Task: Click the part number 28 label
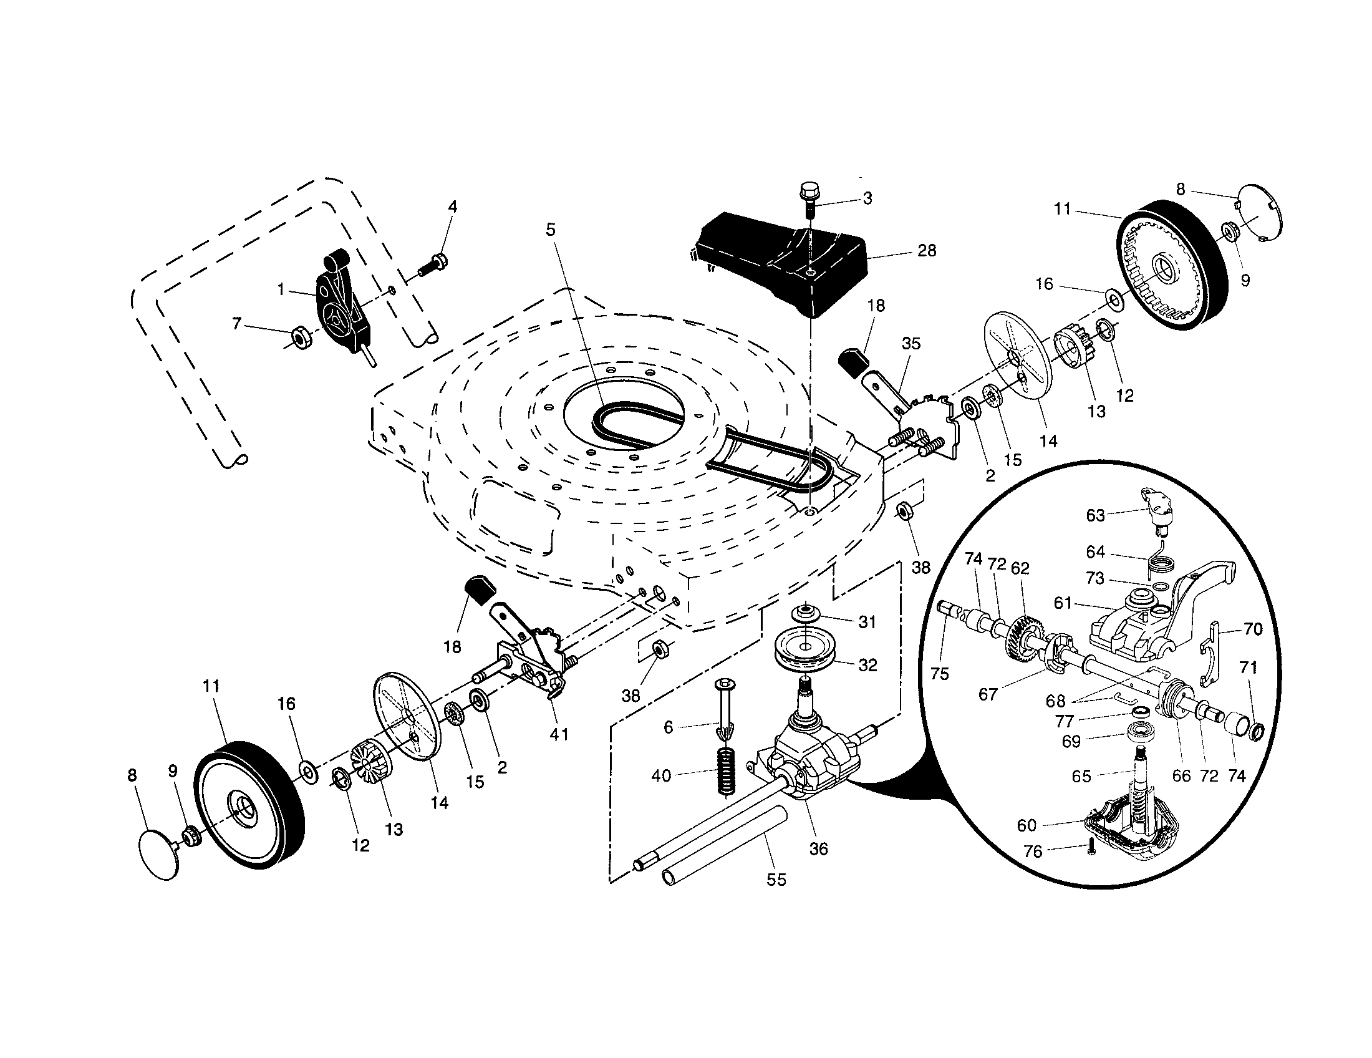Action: click(x=927, y=251)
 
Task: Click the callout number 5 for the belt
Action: click(x=550, y=230)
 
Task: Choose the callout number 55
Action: click(x=776, y=880)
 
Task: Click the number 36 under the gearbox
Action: click(x=819, y=849)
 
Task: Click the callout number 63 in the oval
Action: click(x=1095, y=515)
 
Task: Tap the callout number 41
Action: click(x=559, y=733)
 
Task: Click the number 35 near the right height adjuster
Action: click(x=911, y=343)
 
